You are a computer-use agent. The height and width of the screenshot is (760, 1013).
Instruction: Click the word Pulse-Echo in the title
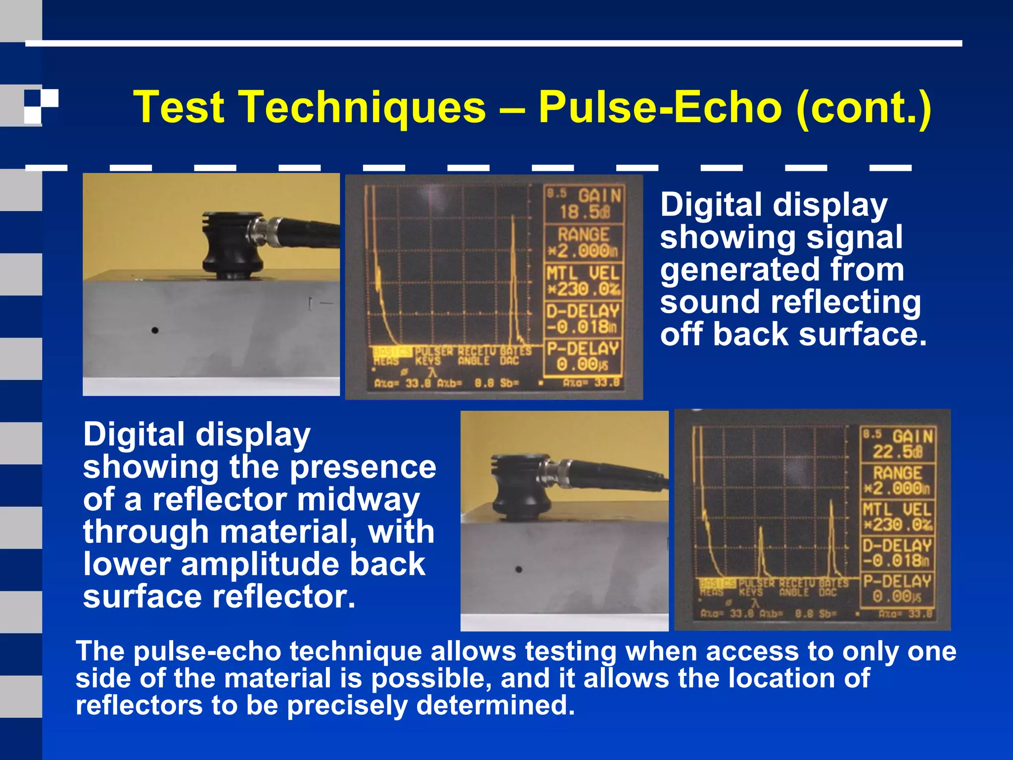pyautogui.click(x=660, y=107)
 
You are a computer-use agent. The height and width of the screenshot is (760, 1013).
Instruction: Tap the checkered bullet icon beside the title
pyautogui.click(x=41, y=106)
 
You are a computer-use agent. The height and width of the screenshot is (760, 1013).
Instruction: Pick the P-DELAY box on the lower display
pyautogui.click(x=898, y=589)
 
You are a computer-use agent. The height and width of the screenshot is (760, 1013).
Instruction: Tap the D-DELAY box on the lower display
pyautogui.click(x=898, y=553)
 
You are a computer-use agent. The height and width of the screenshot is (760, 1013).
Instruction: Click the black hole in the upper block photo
pyautogui.click(x=155, y=330)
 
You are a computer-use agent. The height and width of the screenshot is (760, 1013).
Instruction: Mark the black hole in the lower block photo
pyautogui.click(x=518, y=570)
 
